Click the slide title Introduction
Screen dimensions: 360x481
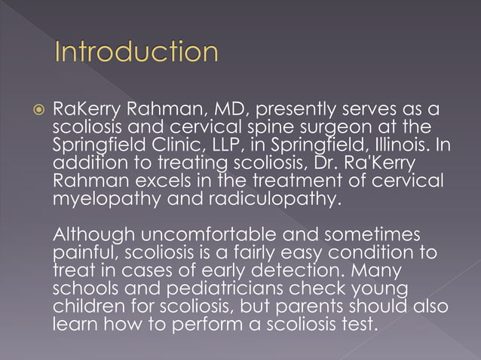136,53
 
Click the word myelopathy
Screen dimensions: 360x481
103,198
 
